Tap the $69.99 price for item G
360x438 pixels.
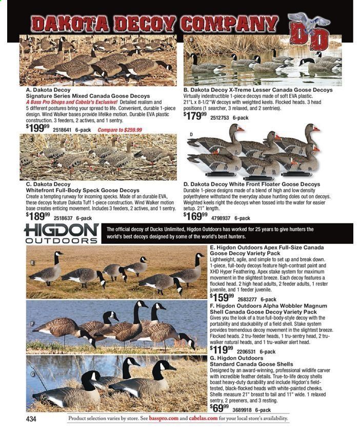click(x=220, y=408)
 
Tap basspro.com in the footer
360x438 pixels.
click(x=163, y=419)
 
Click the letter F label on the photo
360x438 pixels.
click(x=33, y=324)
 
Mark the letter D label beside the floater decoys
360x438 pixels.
click(x=191, y=135)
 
